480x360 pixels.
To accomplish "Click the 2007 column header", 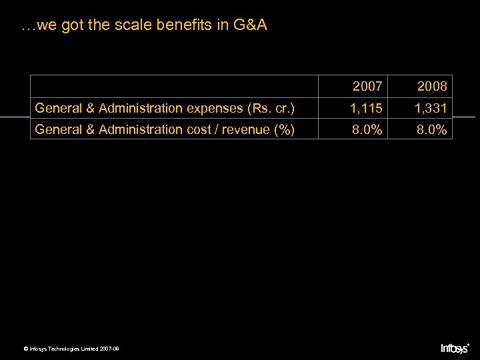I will [367, 87].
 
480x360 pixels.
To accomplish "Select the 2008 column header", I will [432, 87].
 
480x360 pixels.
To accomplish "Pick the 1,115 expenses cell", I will [367, 108].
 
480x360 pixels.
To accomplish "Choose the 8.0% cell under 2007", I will [367, 129].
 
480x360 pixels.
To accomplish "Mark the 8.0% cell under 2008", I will [432, 129].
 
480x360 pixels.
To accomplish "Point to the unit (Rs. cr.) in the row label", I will [270, 108].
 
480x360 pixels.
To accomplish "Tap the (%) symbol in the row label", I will [284, 129].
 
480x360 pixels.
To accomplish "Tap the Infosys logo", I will [455, 348].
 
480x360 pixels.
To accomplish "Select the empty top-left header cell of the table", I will [174, 86].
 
